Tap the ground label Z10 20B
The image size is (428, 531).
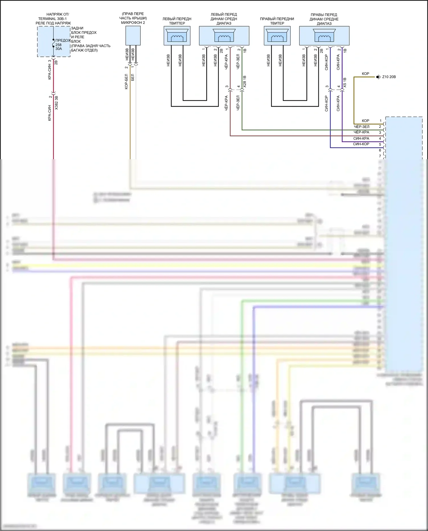[389, 77]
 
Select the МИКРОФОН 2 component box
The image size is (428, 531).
[133, 36]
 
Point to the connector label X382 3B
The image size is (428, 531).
[56, 103]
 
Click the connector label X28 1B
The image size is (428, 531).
[245, 81]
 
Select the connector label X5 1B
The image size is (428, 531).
[345, 82]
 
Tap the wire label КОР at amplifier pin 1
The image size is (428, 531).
[365, 121]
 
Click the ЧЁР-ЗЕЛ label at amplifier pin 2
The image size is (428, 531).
[362, 127]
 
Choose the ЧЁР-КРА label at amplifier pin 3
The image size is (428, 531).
[362, 132]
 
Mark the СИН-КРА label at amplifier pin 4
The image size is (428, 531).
[361, 138]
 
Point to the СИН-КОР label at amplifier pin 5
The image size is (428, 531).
[361, 144]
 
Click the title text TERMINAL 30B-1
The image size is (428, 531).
[53, 19]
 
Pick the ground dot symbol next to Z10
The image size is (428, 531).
[378, 77]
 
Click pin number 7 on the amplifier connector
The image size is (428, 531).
[380, 156]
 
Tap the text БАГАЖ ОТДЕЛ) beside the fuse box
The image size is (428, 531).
[84, 50]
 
